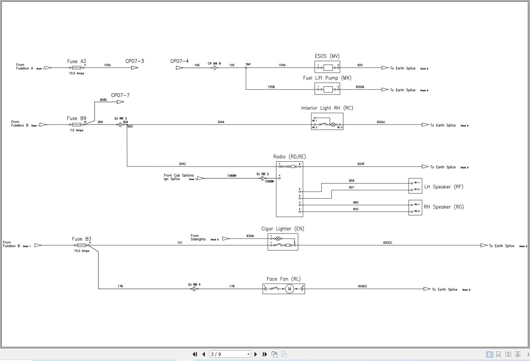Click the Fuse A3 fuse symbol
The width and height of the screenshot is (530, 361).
(77, 68)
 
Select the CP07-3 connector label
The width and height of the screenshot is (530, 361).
(135, 61)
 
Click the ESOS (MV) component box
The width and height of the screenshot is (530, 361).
(327, 67)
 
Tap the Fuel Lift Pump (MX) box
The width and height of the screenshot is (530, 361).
(327, 89)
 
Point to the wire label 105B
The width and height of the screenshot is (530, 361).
(271, 87)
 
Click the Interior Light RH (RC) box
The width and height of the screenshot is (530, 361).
(327, 121)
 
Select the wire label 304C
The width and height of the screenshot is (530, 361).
(182, 164)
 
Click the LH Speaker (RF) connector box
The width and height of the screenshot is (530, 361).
(415, 186)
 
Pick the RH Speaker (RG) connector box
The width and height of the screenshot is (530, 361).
(415, 208)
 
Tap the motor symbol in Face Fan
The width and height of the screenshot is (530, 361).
(289, 289)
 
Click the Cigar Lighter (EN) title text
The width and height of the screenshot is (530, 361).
(282, 229)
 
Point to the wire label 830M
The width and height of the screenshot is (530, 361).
(250, 236)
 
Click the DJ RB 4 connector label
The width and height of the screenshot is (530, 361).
(194, 285)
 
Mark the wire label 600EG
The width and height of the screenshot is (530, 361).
(362, 286)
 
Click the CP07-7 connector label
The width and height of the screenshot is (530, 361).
(120, 95)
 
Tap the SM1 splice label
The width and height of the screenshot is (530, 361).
(248, 64)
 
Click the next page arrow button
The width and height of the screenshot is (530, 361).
(256, 354)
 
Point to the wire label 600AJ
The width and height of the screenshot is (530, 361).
(381, 122)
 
